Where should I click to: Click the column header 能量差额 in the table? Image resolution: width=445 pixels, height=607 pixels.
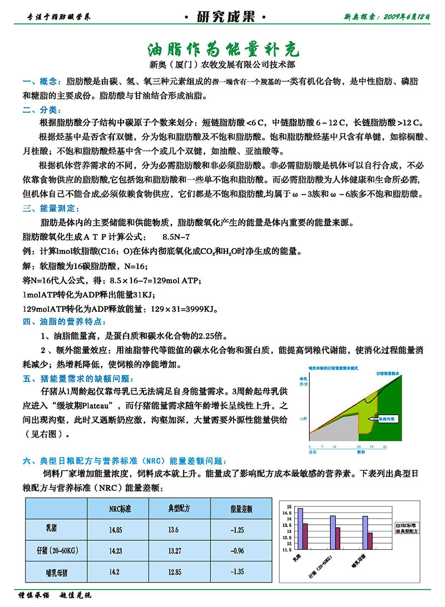241,509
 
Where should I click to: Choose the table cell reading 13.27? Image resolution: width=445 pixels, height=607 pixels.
174,550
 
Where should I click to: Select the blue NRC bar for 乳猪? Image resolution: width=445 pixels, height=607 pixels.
300,529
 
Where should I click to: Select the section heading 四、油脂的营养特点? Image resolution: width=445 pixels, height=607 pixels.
63,322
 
